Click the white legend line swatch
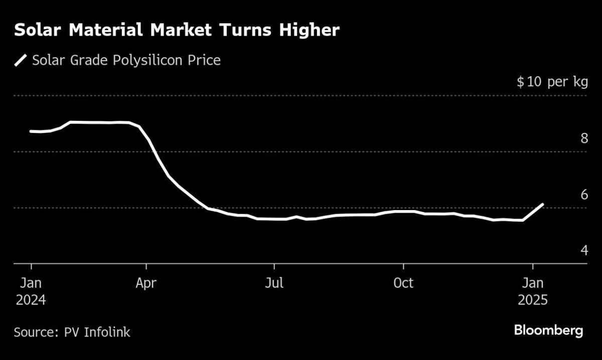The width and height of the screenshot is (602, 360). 21,61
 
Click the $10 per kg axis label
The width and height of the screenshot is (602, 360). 552,82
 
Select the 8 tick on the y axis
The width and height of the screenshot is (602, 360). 584,138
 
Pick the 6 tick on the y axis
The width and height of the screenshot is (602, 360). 584,195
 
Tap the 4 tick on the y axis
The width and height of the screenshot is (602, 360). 584,250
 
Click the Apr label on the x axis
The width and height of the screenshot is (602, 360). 146,283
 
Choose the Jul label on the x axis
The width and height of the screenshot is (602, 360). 274,283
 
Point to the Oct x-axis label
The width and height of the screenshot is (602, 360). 403,283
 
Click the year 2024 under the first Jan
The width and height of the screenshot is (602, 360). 31,300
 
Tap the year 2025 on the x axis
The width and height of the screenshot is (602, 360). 533,300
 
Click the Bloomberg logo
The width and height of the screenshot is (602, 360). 548,331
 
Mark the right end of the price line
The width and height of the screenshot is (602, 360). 543,204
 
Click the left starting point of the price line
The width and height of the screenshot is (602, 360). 31,131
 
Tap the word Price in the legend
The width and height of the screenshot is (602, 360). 205,61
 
